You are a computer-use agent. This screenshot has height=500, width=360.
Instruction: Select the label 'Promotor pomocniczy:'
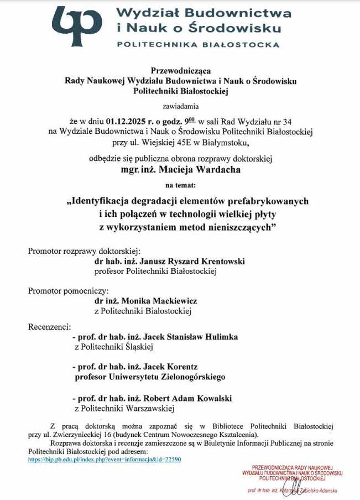click(x=69, y=290)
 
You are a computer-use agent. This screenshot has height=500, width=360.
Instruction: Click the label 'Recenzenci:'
click(x=50, y=326)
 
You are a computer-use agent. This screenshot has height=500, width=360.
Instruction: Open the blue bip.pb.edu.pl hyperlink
click(x=105, y=460)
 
